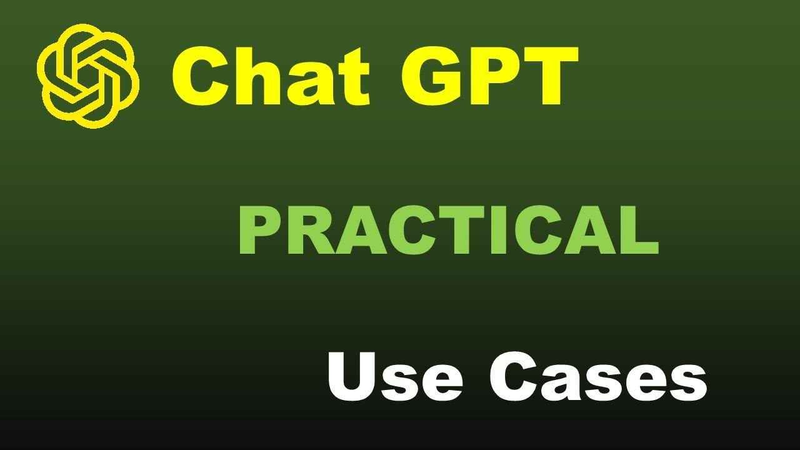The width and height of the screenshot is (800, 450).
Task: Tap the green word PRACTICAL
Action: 448,232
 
